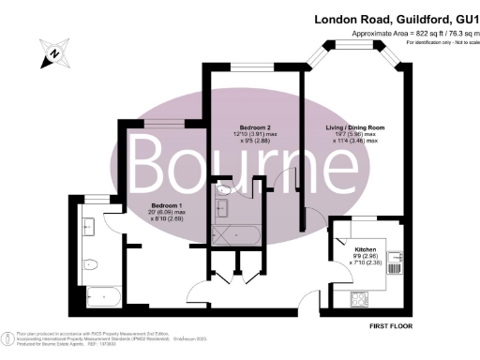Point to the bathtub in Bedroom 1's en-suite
(x=98, y=299)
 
